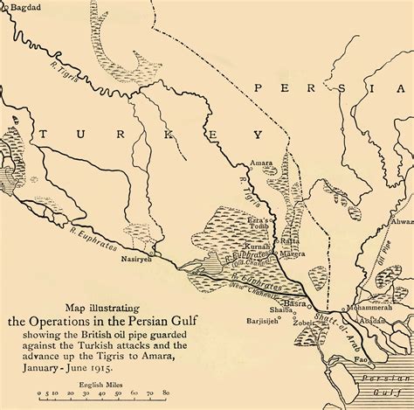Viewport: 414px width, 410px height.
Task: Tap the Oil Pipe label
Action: pos(383,255)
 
